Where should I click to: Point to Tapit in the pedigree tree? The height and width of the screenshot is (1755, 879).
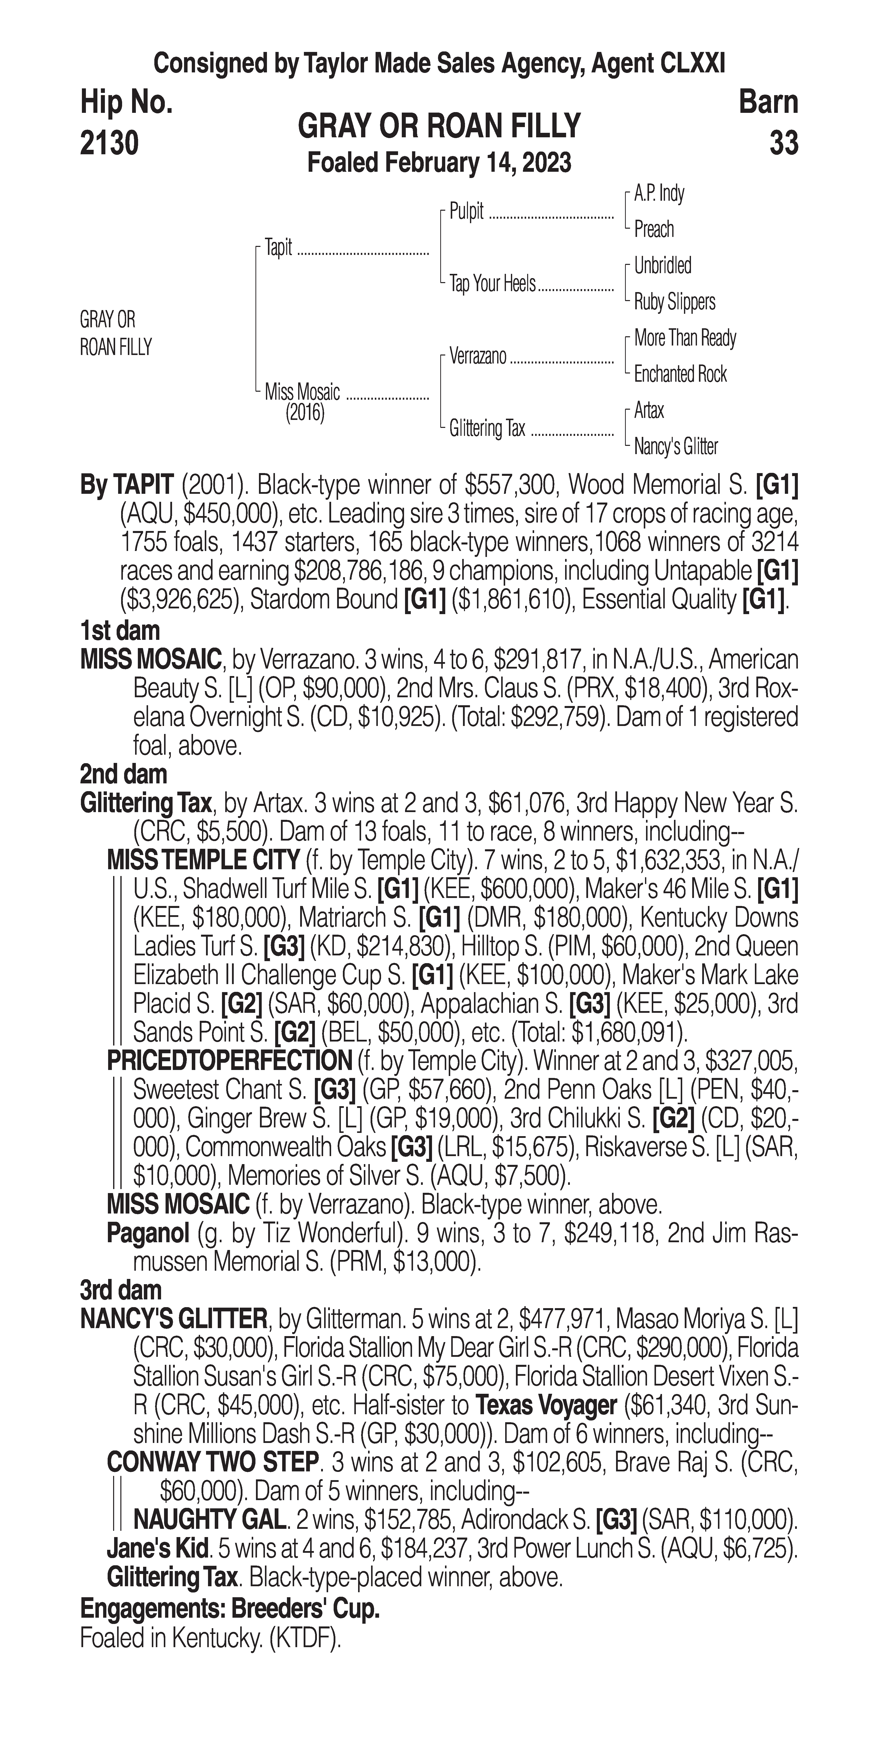click(278, 248)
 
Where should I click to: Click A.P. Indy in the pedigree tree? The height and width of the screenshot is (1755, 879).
click(659, 193)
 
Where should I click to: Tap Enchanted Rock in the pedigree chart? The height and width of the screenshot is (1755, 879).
click(680, 374)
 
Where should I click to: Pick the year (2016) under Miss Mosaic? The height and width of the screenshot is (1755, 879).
click(305, 413)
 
